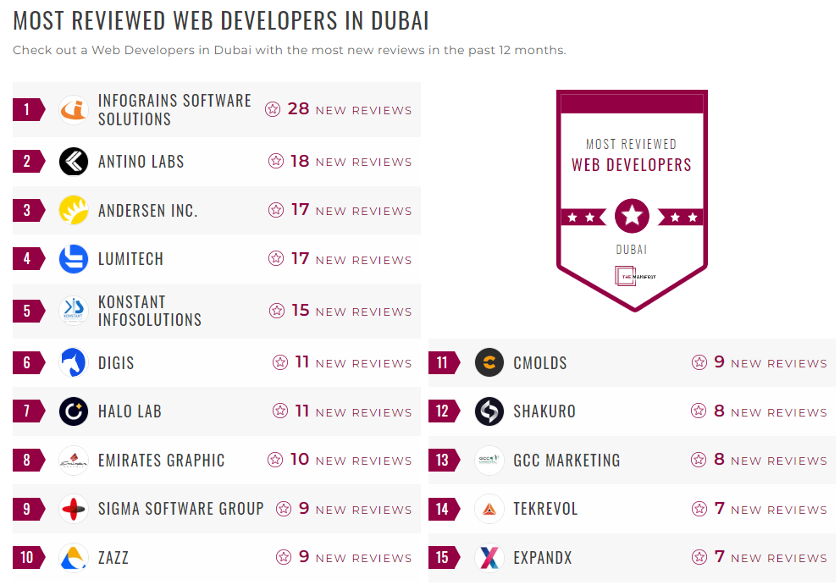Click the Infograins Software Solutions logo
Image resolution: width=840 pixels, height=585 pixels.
[x=74, y=110]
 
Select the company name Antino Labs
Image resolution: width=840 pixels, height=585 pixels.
[x=141, y=162]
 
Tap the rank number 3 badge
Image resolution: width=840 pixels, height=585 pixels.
[x=27, y=210]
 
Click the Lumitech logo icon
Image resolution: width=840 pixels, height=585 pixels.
[x=74, y=259]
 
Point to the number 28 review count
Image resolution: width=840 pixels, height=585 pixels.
[x=298, y=109]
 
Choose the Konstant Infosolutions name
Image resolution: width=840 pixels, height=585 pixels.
[x=149, y=311]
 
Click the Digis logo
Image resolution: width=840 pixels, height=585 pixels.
[x=74, y=363]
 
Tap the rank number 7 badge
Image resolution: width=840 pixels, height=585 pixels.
[x=27, y=411]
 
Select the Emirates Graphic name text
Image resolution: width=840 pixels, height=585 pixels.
[x=161, y=461]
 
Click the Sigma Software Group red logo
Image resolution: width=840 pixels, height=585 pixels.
[x=74, y=509]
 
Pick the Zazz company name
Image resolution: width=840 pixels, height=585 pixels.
[x=113, y=558]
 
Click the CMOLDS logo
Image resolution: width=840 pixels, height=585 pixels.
[x=489, y=363]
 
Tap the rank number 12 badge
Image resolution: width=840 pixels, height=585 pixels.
[x=442, y=411]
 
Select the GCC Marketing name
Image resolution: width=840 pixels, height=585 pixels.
[x=566, y=461]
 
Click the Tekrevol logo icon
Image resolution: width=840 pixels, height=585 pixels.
[x=489, y=509]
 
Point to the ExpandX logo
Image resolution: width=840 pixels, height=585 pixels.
[x=489, y=558]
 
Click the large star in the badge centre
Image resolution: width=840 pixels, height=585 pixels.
[x=632, y=217]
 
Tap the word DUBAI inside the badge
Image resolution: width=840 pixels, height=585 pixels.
[x=632, y=250]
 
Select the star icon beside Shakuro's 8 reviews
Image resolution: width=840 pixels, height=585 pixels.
[x=699, y=411]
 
